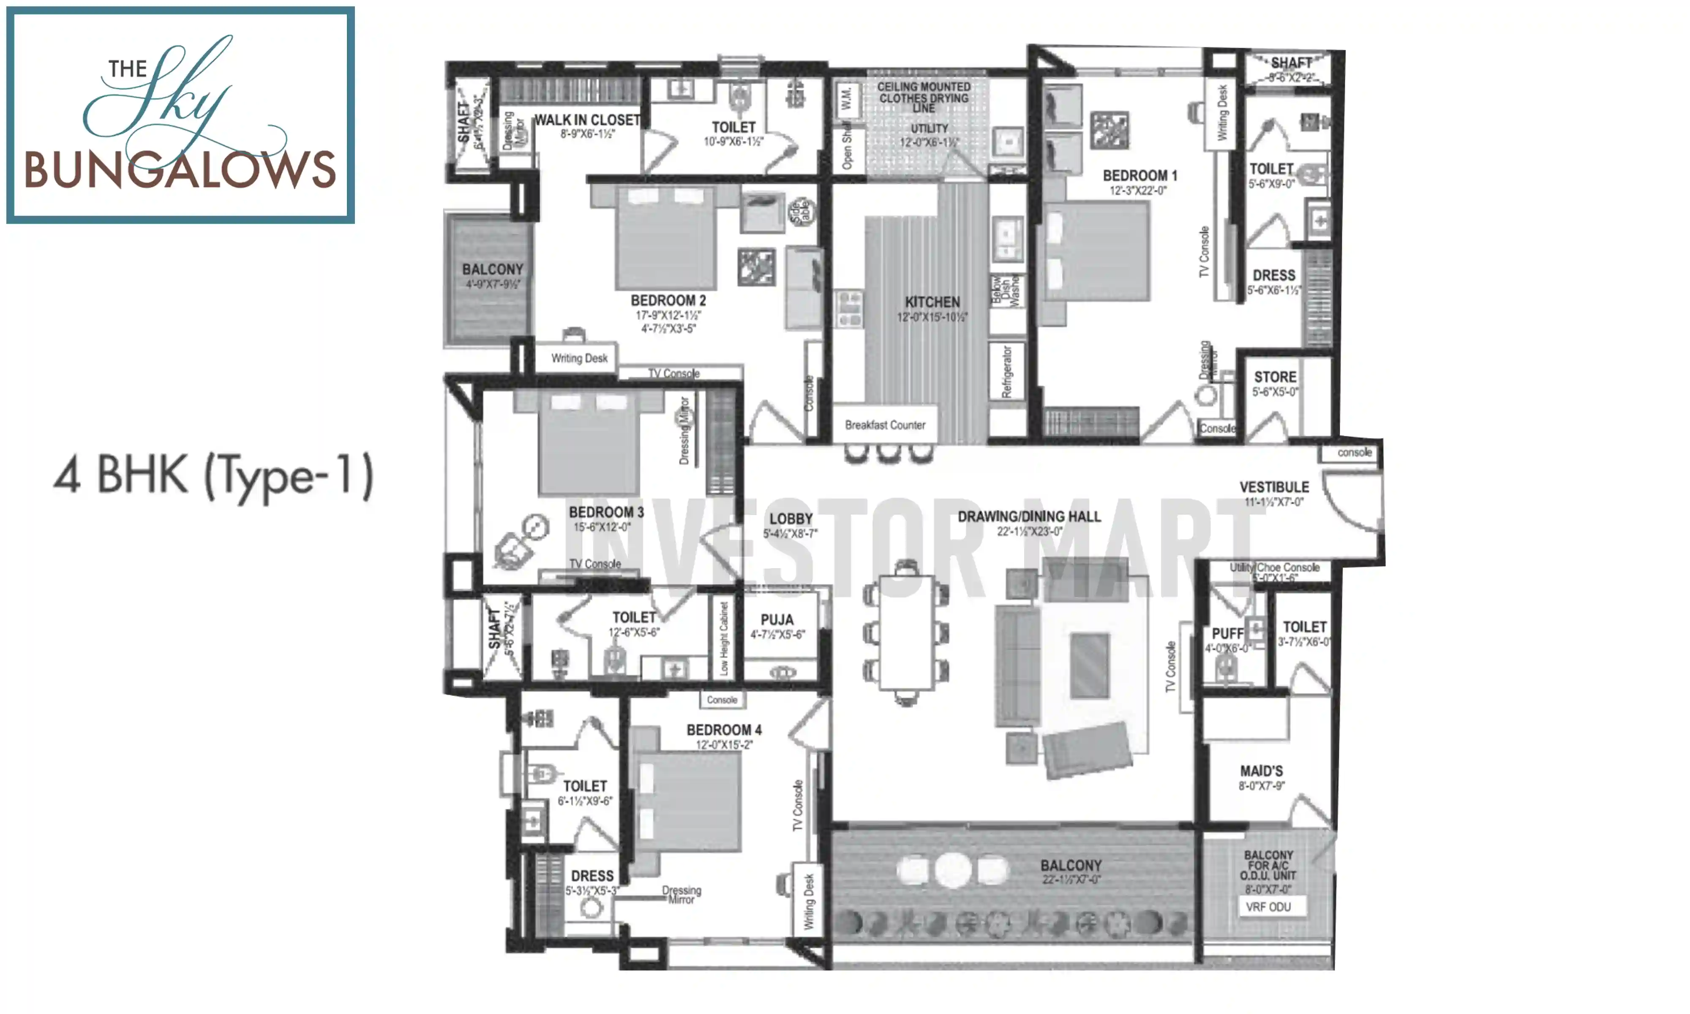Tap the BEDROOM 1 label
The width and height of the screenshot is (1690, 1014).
point(1139,176)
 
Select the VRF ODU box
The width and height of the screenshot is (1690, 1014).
point(1268,907)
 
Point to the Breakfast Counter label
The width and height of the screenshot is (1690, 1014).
point(885,425)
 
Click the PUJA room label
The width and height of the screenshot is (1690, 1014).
point(777,620)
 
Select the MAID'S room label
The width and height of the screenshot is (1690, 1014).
point(1261,771)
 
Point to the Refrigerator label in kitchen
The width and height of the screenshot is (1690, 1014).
point(1006,372)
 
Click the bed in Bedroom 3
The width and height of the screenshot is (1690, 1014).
point(589,444)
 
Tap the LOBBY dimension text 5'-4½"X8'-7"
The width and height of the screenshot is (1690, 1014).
point(790,534)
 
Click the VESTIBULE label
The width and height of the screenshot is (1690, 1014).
point(1274,487)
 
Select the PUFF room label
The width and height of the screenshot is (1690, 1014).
point(1227,633)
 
